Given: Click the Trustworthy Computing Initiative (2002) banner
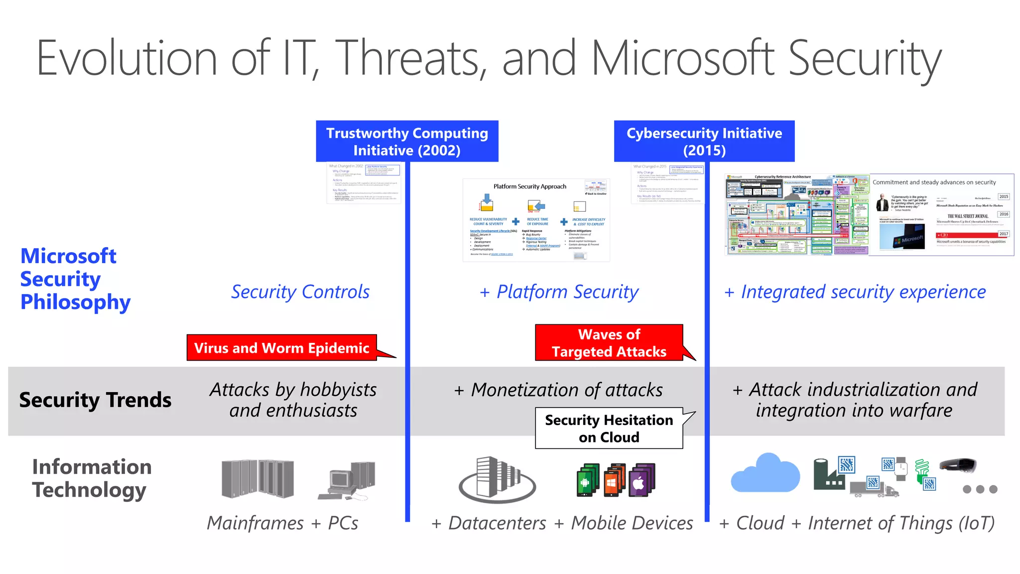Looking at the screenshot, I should coord(407,142).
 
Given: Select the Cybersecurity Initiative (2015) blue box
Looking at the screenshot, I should coord(704,142).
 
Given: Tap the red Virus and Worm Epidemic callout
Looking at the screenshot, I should coord(281,348).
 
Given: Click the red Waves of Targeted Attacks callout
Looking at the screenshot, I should coord(609,343).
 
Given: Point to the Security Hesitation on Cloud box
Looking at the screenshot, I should coord(609,429).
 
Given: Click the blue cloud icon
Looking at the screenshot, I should coord(765,473).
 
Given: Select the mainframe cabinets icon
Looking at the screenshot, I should coord(257,478).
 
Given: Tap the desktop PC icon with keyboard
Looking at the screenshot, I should coord(347,481).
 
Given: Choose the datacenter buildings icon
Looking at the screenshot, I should coord(497,479).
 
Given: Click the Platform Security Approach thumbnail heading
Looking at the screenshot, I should coord(529,186).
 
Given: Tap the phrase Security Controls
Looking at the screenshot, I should coord(300,292).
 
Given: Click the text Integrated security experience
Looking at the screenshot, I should coord(863,292).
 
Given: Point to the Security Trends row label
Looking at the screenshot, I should coord(95,400).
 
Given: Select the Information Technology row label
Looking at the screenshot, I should coord(92,478).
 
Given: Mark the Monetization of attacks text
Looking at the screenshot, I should coord(566,390).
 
